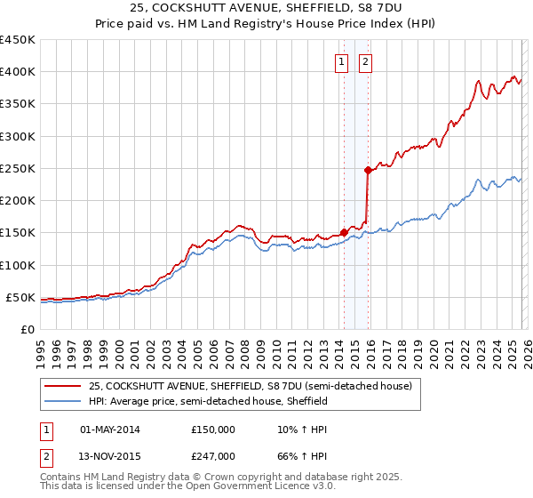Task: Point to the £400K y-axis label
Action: pos(17,72)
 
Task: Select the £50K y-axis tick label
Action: pos(20,297)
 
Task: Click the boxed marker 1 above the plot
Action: pos(342,62)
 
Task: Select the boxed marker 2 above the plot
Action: pos(365,62)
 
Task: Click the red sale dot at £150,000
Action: pos(344,232)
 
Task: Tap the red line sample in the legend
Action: pos(63,387)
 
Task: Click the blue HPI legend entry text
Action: pos(208,402)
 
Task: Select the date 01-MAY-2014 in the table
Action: pos(110,429)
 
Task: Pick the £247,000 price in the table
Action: pos(213,455)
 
